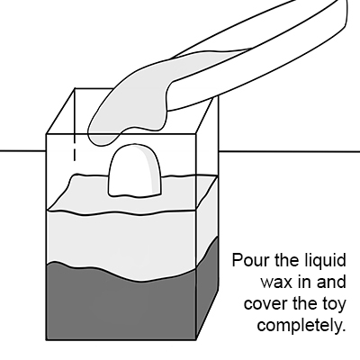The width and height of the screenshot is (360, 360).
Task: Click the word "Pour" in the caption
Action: [x=251, y=260]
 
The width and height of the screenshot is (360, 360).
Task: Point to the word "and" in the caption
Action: [x=332, y=282]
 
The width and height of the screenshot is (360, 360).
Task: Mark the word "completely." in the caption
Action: [x=300, y=326]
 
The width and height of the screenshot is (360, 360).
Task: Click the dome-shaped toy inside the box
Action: [x=135, y=170]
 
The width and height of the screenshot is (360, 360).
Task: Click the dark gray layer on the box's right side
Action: [x=208, y=288]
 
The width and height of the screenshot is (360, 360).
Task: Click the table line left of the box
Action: [x=22, y=151]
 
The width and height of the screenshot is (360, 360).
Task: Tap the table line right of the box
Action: [x=290, y=151]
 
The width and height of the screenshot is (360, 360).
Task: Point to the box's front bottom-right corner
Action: [x=196, y=340]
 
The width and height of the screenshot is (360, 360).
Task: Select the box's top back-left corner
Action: [x=75, y=88]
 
